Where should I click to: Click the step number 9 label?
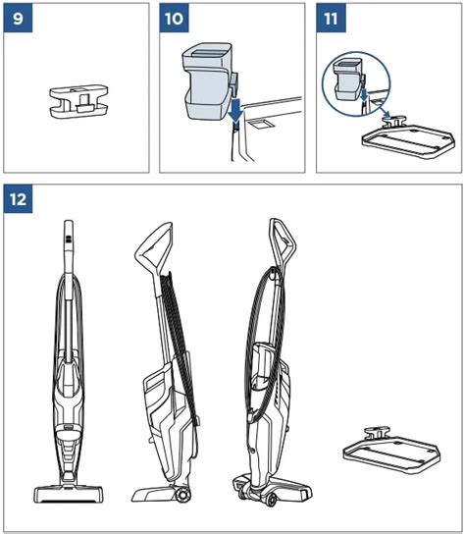click(18, 18)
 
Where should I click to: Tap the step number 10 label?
click(175, 18)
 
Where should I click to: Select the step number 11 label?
click(331, 18)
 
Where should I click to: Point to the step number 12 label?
click(18, 199)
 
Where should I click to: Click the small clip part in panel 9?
click(79, 101)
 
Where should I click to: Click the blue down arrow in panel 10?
click(235, 110)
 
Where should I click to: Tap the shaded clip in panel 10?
click(208, 81)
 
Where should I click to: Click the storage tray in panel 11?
click(408, 138)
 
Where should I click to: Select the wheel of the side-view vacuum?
click(183, 495)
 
